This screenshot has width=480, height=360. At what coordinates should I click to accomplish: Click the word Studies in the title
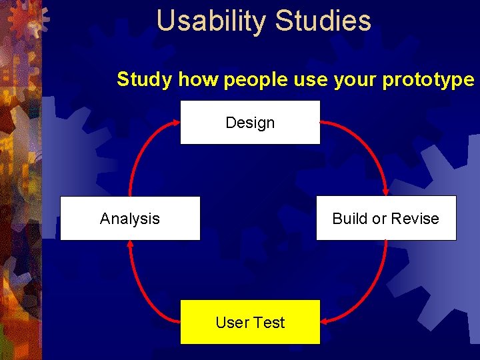coord(323,21)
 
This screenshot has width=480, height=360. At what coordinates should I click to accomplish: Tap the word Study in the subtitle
coord(145,79)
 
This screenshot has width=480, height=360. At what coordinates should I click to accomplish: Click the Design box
coord(250,122)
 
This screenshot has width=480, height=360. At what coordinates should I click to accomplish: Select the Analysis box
coord(130,218)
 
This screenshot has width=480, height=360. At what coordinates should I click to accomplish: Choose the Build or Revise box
coord(386,218)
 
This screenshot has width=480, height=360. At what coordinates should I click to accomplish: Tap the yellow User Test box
coord(250,322)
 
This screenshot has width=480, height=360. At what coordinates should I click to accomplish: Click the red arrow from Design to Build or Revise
coord(367,143)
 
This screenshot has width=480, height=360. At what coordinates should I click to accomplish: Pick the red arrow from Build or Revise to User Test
coord(373,287)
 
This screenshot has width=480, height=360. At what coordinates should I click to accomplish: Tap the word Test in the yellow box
coord(269,323)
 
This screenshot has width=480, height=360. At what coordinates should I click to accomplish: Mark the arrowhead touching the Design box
coord(175,123)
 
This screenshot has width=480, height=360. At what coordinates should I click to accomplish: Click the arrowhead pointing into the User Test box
coord(325,321)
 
